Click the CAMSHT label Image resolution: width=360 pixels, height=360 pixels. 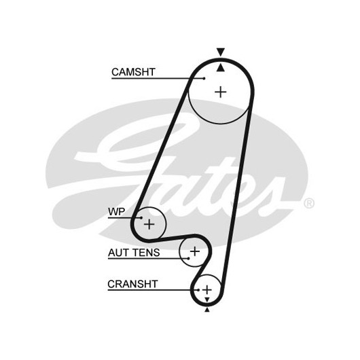click(x=133, y=72)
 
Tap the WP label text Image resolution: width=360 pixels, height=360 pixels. click(x=116, y=212)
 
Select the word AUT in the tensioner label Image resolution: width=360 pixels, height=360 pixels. click(x=117, y=253)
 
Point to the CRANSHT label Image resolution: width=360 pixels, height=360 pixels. click(x=132, y=284)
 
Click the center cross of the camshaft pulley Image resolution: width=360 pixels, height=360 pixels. click(x=221, y=92)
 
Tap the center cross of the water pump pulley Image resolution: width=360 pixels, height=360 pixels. click(x=149, y=224)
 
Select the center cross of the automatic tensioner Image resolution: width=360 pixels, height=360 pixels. click(x=195, y=251)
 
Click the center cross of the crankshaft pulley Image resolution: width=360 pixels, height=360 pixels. click(x=207, y=290)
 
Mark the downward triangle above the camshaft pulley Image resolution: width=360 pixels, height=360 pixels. click(x=221, y=52)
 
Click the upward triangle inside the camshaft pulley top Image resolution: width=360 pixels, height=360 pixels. click(x=221, y=68)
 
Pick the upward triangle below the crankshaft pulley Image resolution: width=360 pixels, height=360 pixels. click(x=207, y=310)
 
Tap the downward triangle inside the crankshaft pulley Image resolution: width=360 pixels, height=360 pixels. click(x=207, y=300)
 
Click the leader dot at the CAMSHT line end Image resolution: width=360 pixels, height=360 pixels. click(x=204, y=79)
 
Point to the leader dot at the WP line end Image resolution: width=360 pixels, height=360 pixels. click(x=142, y=217)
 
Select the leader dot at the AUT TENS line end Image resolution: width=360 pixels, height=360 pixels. click(x=189, y=259)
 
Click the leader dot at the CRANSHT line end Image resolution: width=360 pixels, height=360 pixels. click(x=198, y=290)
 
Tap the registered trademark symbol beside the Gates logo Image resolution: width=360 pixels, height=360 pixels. click(x=309, y=204)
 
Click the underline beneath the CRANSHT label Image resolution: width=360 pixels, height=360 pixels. click(x=153, y=290)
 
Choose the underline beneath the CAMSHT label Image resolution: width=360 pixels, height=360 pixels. click(x=158, y=79)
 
